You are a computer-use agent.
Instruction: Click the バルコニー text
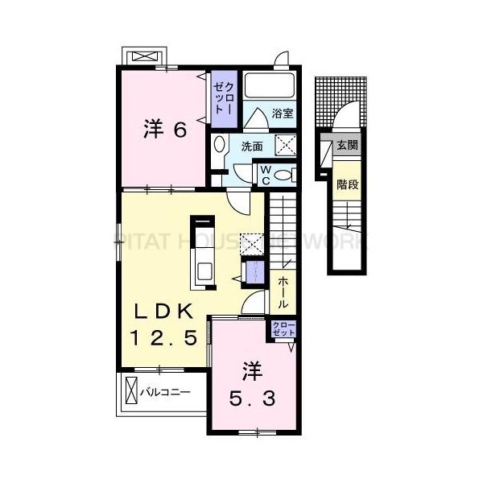point(165,393)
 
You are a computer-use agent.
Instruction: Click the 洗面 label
point(252,147)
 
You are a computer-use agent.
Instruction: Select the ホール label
point(284,293)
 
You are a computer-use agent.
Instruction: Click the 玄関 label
point(348,146)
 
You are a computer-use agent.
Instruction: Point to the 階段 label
point(347,184)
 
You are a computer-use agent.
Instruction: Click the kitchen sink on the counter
point(203,271)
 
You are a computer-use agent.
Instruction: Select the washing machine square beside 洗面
point(287,145)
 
